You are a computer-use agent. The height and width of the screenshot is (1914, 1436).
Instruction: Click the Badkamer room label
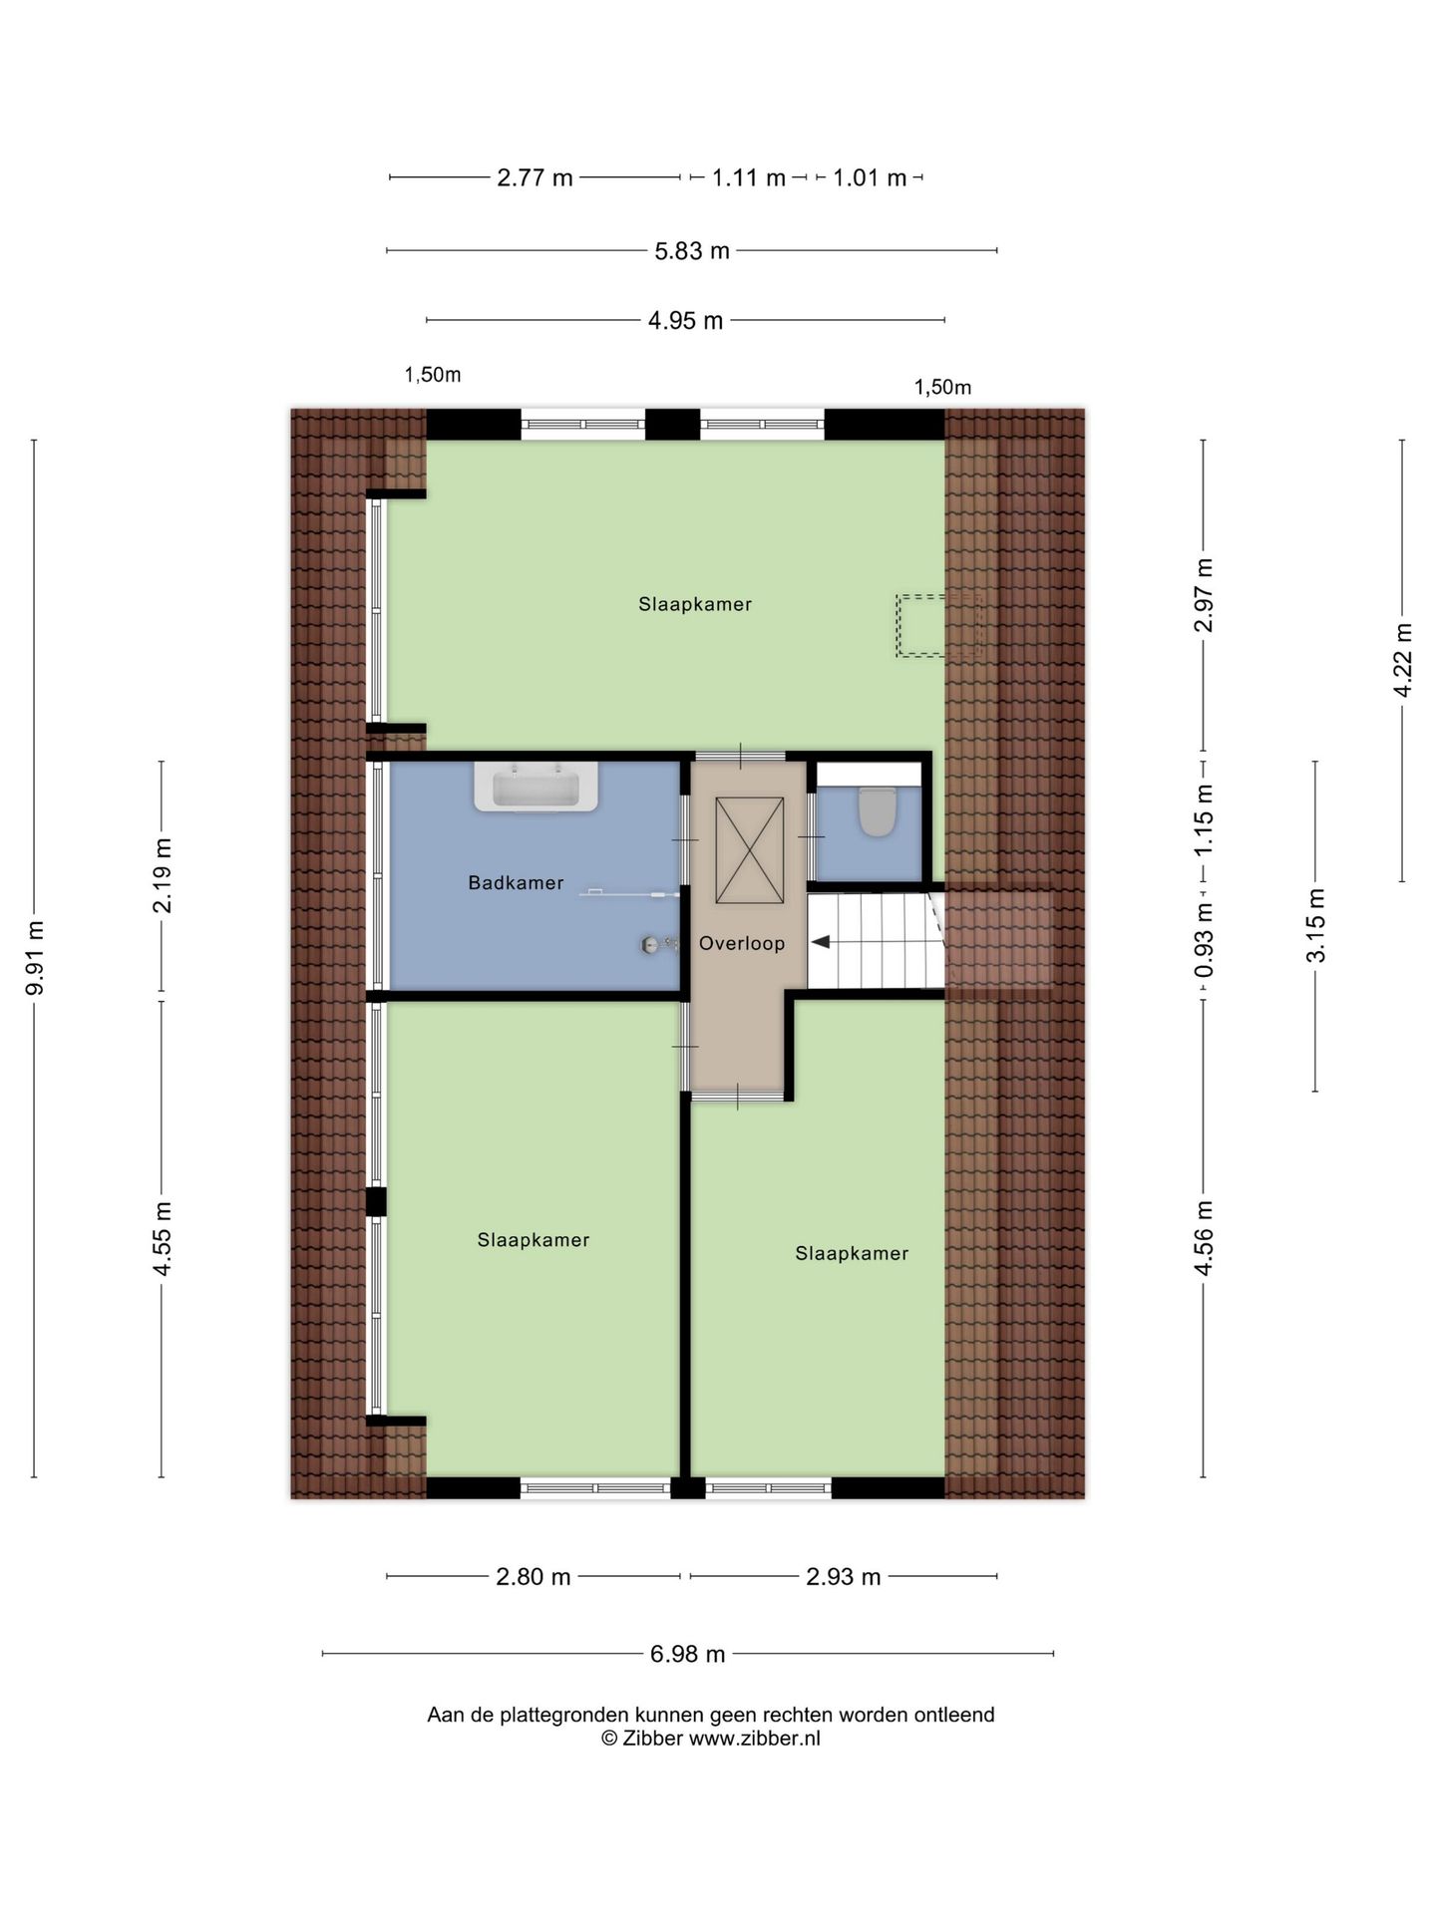pyautogui.click(x=516, y=882)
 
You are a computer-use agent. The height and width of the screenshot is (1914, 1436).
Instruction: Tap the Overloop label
pyautogui.click(x=742, y=943)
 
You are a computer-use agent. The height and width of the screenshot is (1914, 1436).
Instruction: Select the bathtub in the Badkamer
pyautogui.click(x=536, y=788)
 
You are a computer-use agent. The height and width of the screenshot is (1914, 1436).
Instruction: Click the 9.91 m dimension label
pyautogui.click(x=35, y=958)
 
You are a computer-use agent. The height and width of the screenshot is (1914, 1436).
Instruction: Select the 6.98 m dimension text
pyautogui.click(x=688, y=1654)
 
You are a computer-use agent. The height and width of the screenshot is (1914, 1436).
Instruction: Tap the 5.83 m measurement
pyautogui.click(x=692, y=251)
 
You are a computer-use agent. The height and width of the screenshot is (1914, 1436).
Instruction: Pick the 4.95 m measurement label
pyautogui.click(x=685, y=321)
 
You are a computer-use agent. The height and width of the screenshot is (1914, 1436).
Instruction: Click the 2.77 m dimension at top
pyautogui.click(x=535, y=178)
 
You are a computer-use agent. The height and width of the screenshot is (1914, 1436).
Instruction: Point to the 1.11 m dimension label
pyautogui.click(x=749, y=178)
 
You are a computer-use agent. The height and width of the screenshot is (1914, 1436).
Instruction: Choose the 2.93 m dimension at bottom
pyautogui.click(x=844, y=1577)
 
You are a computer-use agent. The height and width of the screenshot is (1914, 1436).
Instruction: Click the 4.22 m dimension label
pyautogui.click(x=1403, y=660)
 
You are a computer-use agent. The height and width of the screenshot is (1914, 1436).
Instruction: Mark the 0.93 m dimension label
pyautogui.click(x=1204, y=940)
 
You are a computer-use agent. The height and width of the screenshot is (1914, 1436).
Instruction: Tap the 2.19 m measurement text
pyautogui.click(x=163, y=875)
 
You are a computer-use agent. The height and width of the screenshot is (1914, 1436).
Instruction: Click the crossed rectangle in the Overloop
pyautogui.click(x=750, y=849)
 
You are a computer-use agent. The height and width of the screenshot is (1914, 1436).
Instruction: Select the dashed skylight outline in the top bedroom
pyautogui.click(x=938, y=626)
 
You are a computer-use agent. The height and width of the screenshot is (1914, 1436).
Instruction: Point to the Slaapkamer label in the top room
pyautogui.click(x=695, y=604)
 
